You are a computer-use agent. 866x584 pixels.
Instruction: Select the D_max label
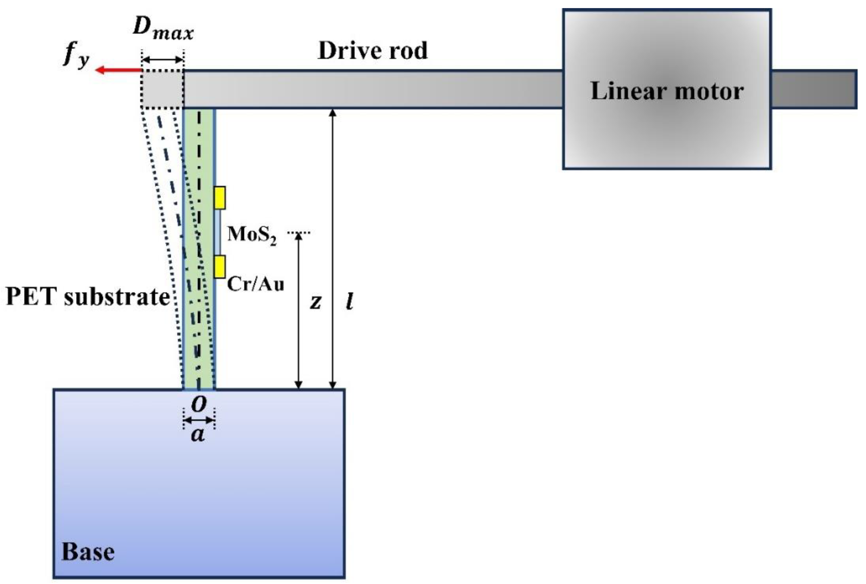pyautogui.click(x=163, y=30)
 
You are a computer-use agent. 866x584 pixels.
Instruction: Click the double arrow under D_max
pyautogui.click(x=163, y=60)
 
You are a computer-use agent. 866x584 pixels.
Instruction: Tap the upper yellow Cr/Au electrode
pyautogui.click(x=219, y=197)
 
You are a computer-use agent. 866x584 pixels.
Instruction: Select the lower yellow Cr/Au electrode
pyautogui.click(x=219, y=267)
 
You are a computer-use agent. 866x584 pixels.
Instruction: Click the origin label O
pyautogui.click(x=199, y=404)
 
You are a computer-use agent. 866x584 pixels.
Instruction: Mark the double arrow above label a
pyautogui.click(x=199, y=420)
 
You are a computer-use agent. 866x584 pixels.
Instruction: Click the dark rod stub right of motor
pyautogui.click(x=814, y=89)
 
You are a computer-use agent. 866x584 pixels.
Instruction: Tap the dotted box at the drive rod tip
pyautogui.click(x=162, y=89)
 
